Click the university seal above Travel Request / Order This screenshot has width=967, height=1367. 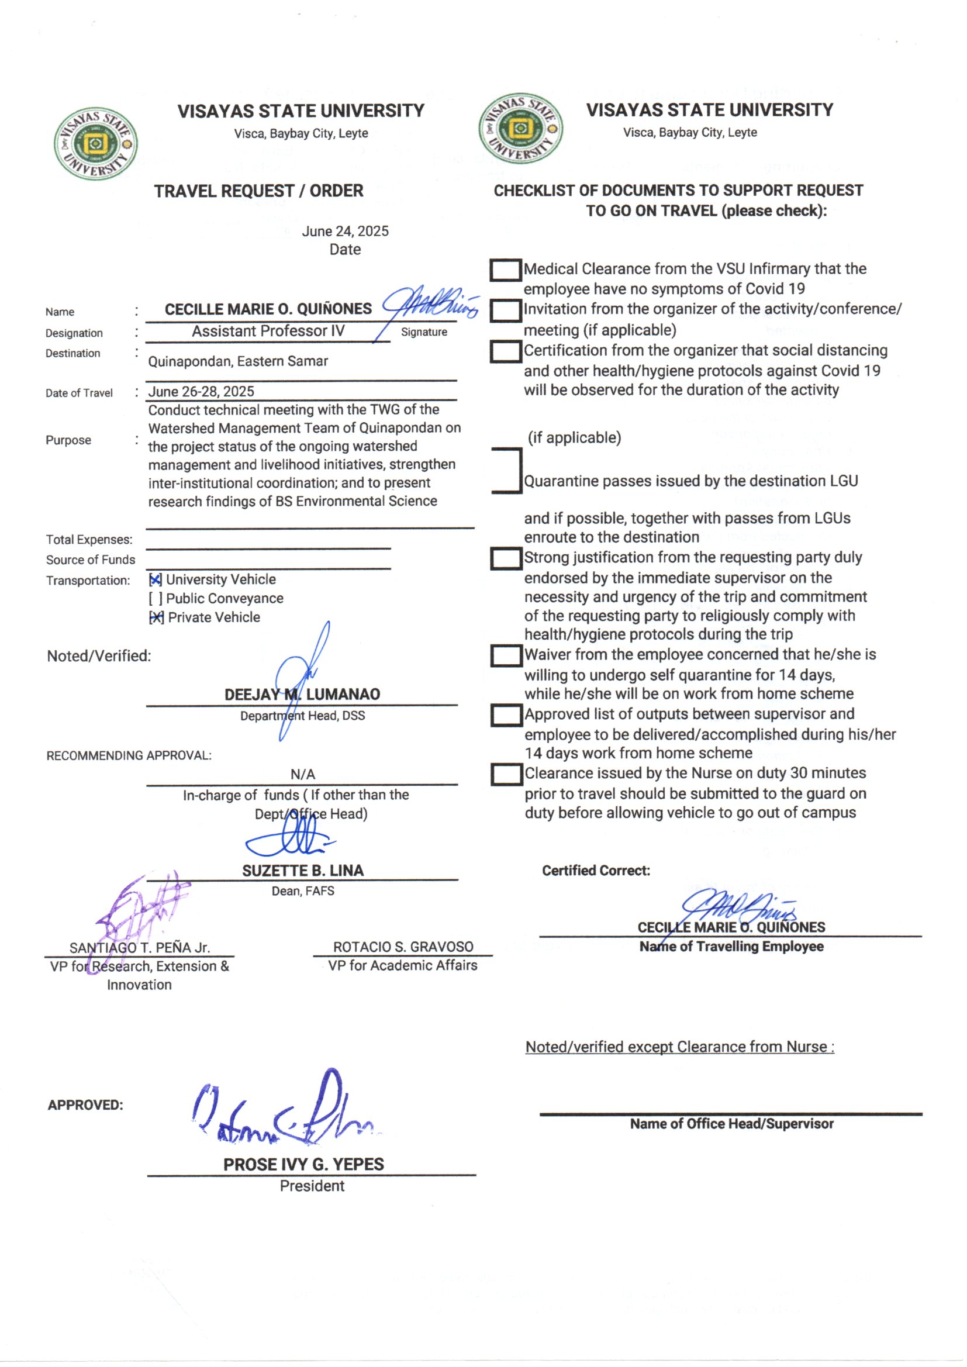tap(95, 143)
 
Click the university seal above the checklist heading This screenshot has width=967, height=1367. tap(520, 128)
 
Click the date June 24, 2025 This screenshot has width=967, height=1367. tap(345, 231)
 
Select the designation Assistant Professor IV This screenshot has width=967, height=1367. tap(268, 331)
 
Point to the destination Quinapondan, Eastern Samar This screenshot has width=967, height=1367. tap(237, 361)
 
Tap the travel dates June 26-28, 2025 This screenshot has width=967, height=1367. tap(201, 391)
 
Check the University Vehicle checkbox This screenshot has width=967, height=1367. tap(156, 579)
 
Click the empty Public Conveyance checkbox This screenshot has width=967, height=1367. tap(156, 598)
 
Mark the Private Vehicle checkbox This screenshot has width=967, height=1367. tap(156, 617)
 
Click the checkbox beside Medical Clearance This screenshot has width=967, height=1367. tap(506, 270)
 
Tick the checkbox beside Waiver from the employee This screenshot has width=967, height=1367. tap(506, 655)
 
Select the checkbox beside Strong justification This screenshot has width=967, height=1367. tap(506, 558)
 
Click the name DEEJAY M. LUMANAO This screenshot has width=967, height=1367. tap(302, 694)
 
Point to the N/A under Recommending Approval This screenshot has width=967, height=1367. tap(302, 774)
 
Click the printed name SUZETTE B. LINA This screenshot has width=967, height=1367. tap(302, 871)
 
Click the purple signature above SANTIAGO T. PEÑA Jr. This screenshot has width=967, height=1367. tap(143, 908)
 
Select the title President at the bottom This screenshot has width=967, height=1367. tap(312, 1185)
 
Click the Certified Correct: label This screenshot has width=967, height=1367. tap(595, 871)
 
